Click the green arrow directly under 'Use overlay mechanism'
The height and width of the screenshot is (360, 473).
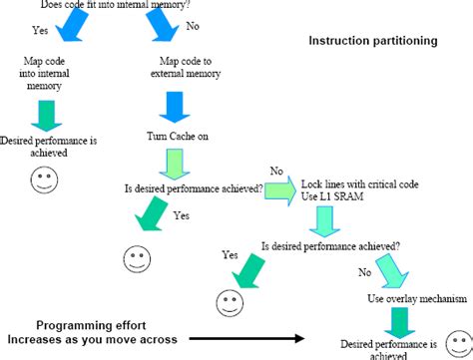coord(400,322)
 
